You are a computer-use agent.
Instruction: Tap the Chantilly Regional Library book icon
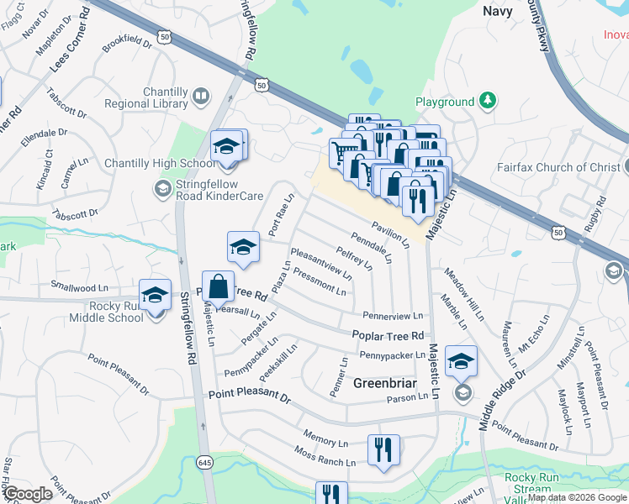click(201, 97)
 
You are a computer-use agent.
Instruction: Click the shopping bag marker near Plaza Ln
click(218, 286)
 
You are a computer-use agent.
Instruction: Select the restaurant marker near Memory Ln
click(383, 449)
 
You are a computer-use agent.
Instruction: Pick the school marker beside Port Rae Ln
click(243, 247)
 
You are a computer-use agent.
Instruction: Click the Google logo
click(29, 494)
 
